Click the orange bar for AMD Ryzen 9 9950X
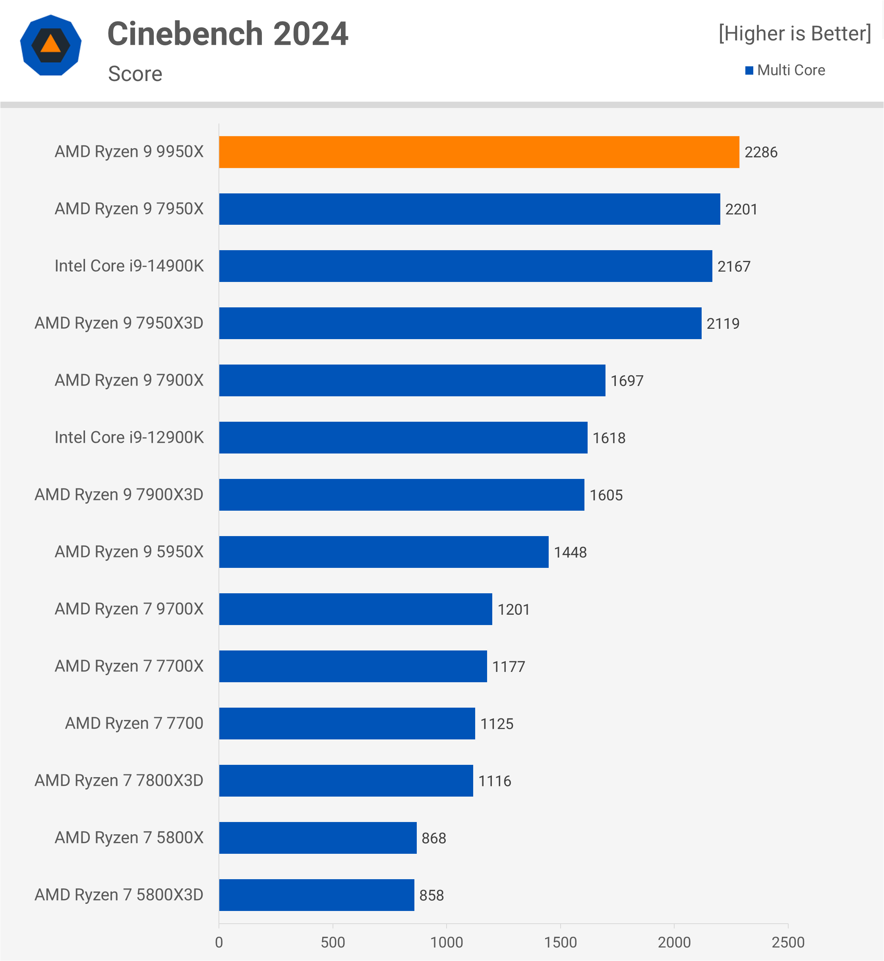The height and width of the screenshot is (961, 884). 479,152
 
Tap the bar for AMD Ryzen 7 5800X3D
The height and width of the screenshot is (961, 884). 317,895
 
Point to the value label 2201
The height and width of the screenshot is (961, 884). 741,209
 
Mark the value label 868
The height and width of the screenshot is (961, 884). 433,838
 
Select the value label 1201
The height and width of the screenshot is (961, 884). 513,610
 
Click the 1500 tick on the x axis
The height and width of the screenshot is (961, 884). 560,942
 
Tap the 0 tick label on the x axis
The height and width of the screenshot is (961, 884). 219,942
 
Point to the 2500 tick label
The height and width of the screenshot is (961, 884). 787,942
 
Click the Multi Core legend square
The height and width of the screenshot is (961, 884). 749,71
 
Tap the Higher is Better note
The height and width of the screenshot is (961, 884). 795,33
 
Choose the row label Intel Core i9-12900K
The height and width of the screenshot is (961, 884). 129,438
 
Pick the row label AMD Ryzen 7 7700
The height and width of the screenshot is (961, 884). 134,724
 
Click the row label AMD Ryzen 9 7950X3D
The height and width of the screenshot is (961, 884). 119,323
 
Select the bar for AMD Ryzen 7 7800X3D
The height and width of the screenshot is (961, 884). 346,781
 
